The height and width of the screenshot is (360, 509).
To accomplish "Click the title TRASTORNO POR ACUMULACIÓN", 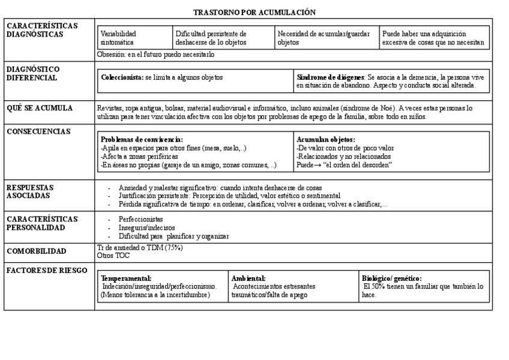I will point(254,12).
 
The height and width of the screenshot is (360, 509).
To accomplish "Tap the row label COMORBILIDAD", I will point(36,251).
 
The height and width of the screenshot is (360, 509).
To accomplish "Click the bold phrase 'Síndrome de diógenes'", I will point(330,77).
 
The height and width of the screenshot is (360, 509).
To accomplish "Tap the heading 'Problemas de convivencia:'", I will point(142,139).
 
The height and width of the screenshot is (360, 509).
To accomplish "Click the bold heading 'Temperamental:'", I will point(126,278).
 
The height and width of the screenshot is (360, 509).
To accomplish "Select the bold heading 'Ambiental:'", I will point(248,278).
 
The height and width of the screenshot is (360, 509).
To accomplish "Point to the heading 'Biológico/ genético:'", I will point(391,278).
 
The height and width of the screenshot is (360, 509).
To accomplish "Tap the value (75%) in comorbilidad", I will point(173,247).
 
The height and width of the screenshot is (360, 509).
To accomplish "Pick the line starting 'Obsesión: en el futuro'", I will point(155,55).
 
